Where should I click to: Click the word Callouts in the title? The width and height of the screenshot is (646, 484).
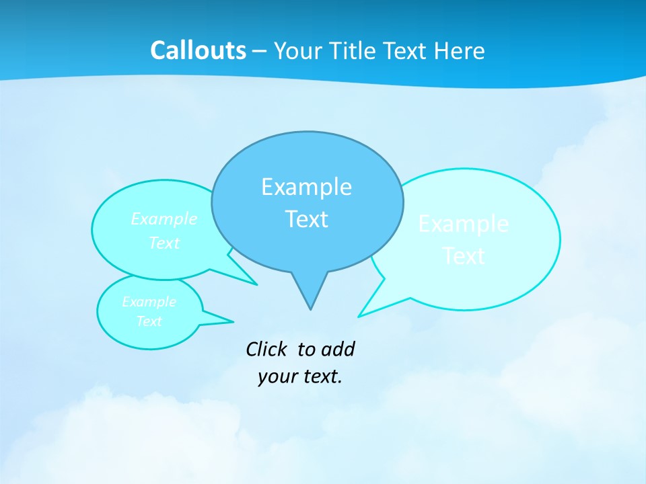(198, 50)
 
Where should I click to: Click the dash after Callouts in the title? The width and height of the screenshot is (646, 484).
(260, 52)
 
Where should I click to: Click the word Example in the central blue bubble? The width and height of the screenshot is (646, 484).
(306, 187)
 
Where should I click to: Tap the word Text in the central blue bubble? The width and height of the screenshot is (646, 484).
(306, 219)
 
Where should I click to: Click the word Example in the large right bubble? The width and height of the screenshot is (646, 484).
(463, 224)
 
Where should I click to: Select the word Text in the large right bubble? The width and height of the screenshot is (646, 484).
(464, 256)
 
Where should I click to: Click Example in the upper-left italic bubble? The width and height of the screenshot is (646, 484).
(164, 219)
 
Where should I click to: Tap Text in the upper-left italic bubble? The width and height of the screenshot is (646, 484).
(164, 243)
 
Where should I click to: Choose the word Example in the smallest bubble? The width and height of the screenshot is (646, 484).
(149, 302)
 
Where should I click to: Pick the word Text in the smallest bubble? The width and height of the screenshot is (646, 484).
(149, 321)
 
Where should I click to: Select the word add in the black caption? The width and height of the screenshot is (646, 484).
(338, 349)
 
